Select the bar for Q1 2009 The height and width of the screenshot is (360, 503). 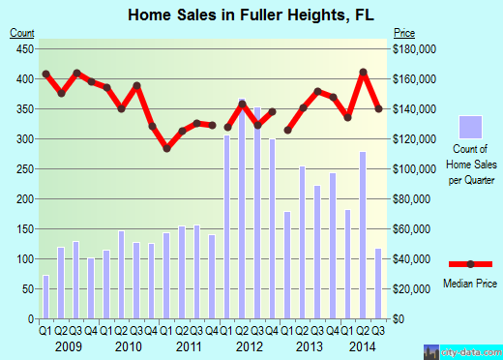coord(45,297)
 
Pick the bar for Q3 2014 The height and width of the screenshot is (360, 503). coord(377,284)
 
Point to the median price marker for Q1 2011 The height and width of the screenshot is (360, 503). coord(166,148)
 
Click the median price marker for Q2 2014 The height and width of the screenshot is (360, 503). coord(363,72)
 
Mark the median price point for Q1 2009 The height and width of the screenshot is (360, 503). coord(45,74)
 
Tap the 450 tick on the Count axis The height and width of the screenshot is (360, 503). coord(22,48)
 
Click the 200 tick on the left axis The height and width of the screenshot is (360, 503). coord(22,199)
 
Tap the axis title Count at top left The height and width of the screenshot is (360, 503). coord(22,33)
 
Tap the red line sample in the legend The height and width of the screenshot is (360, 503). coord(470,264)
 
